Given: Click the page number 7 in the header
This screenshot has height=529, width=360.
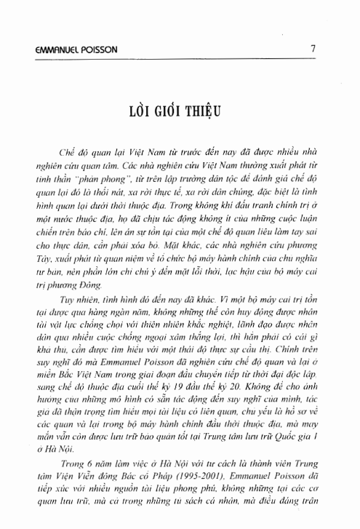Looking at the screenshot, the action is tap(311, 50).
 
